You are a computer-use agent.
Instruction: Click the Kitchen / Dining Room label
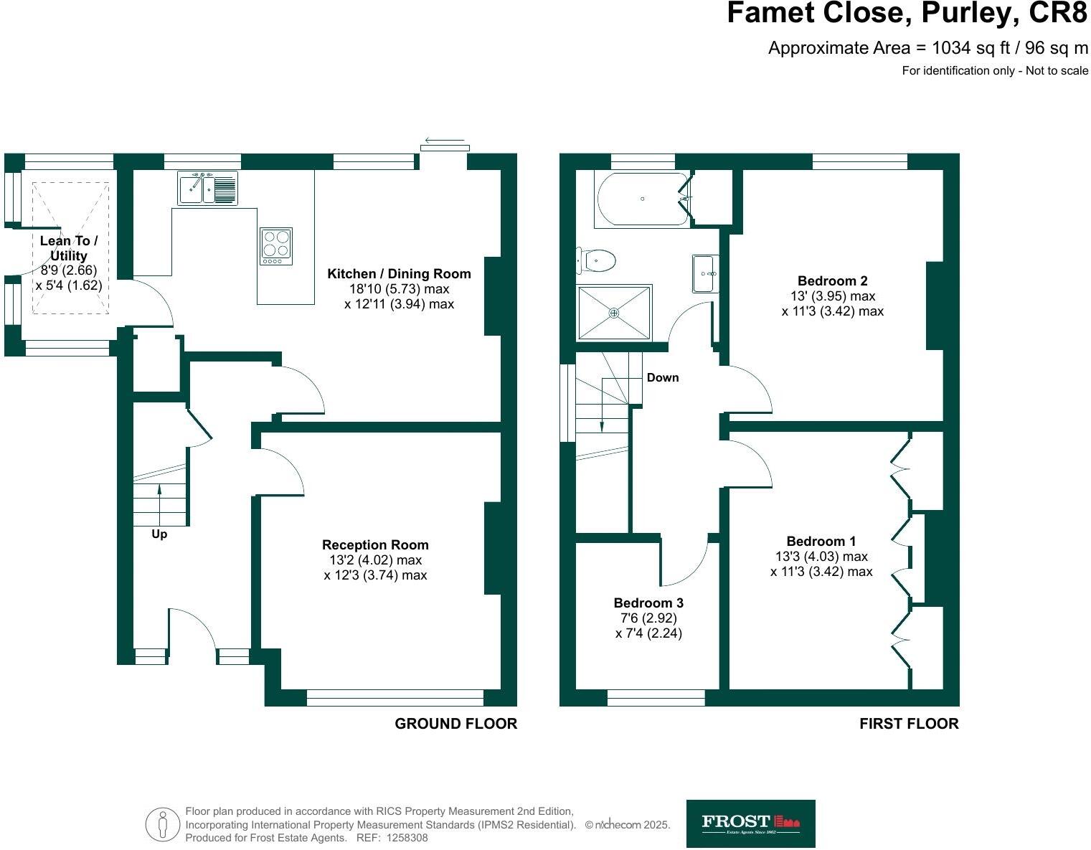coord(399,273)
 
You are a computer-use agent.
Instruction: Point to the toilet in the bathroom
coord(598,260)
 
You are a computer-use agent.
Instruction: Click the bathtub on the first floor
coord(642,199)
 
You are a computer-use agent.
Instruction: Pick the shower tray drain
coord(614,313)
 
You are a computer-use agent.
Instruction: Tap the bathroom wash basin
coord(704,273)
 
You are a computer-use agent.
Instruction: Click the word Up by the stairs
coord(159,534)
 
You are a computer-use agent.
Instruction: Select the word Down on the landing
coord(662,377)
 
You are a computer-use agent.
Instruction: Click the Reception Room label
coord(375,544)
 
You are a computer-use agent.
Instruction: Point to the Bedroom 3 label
coord(648,603)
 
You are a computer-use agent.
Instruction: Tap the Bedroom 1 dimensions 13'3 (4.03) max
coord(821,557)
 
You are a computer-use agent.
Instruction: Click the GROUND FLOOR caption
coord(455,724)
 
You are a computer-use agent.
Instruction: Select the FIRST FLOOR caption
coord(909,724)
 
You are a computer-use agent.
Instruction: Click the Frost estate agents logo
coord(750,823)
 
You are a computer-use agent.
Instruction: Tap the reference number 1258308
coord(407,838)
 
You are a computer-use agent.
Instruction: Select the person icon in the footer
coord(164,824)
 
